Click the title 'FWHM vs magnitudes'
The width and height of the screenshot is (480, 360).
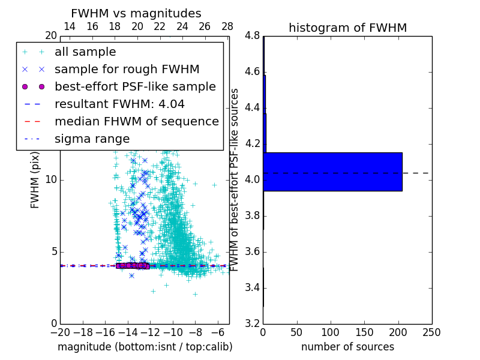pyautogui.click(x=136, y=13)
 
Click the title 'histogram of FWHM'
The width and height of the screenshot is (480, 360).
pyautogui.click(x=347, y=28)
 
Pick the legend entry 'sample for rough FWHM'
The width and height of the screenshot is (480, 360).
pyautogui.click(x=127, y=69)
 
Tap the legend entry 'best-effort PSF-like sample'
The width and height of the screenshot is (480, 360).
pyautogui.click(x=135, y=86)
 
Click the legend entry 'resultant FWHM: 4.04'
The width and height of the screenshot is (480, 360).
pyautogui.click(x=119, y=104)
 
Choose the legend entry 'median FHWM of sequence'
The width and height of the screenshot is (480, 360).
pyautogui.click(x=136, y=121)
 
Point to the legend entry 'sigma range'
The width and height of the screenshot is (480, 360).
pyautogui.click(x=92, y=139)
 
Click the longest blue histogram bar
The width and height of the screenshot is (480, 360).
pyautogui.click(x=332, y=172)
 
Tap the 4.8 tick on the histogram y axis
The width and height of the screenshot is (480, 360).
pyautogui.click(x=253, y=36)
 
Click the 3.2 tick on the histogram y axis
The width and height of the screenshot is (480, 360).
pyautogui.click(x=253, y=323)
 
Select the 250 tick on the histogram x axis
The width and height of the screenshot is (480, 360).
pyautogui.click(x=431, y=332)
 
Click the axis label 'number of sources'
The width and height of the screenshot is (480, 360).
pyautogui.click(x=347, y=347)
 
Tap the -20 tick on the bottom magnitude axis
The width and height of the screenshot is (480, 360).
pyautogui.click(x=60, y=332)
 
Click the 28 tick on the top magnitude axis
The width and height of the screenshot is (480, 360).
pyautogui.click(x=227, y=26)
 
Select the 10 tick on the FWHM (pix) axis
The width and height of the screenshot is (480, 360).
pyautogui.click(x=50, y=180)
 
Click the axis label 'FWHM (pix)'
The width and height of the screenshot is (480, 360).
pyautogui.click(x=35, y=180)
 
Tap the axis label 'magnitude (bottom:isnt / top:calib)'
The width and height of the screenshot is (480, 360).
pyautogui.click(x=145, y=347)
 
